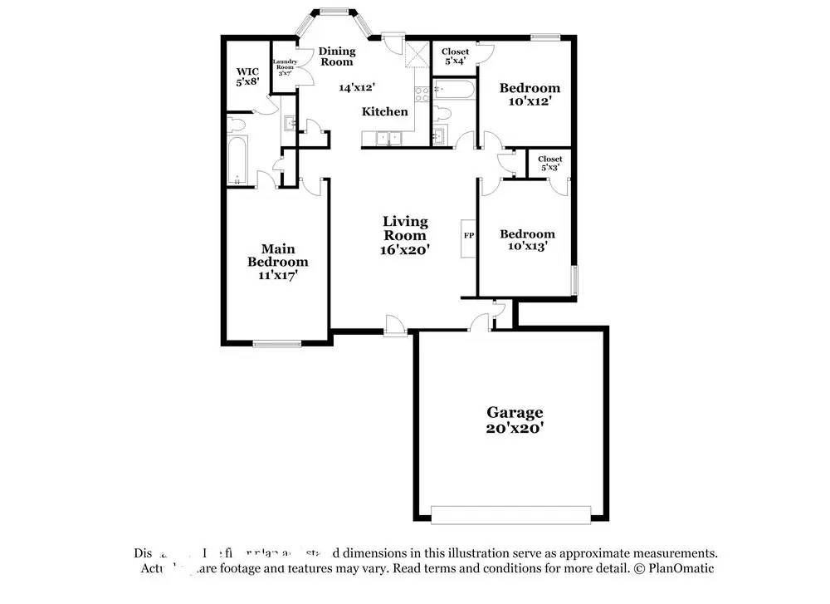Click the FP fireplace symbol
tap(469, 236)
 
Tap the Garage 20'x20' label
tap(515, 420)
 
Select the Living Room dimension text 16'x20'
tap(405, 248)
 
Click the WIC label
tap(248, 71)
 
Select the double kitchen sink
tap(388, 137)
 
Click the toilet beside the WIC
tap(237, 125)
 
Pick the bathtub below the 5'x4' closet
tap(453, 89)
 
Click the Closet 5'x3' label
tap(549, 163)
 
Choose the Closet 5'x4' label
tap(455, 56)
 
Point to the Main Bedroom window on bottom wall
tap(277, 343)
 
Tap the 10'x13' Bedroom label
tap(527, 239)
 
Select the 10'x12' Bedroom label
tap(529, 94)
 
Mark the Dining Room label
tap(337, 56)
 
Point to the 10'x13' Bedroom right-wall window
tap(573, 279)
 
